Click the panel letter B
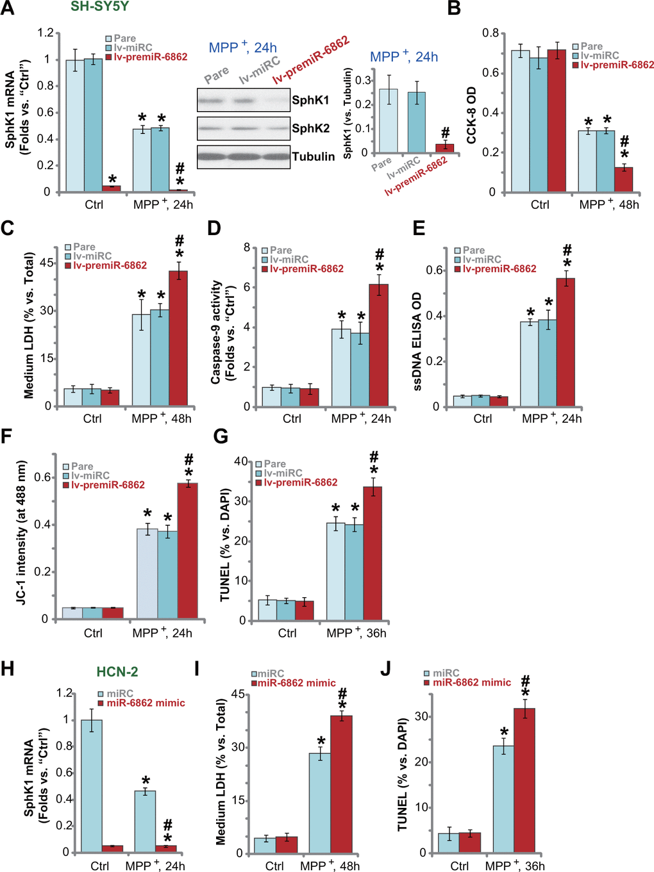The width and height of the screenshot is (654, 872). click(x=454, y=8)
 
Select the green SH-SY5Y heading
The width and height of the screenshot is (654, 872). click(x=99, y=7)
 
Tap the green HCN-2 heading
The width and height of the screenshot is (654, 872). click(x=117, y=671)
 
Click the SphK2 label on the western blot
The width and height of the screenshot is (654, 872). click(x=310, y=128)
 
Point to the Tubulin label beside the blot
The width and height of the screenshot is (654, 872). click(x=313, y=156)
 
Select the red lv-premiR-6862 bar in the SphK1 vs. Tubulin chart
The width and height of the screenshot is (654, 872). click(x=444, y=148)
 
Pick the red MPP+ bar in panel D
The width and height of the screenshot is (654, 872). click(x=379, y=345)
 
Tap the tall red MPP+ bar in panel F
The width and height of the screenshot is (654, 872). click(x=187, y=550)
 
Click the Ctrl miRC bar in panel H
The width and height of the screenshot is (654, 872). click(x=92, y=786)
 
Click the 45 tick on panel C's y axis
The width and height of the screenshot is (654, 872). click(x=47, y=263)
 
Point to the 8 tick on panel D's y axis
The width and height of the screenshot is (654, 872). click(x=246, y=247)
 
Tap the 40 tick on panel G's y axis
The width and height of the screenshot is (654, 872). click(x=241, y=461)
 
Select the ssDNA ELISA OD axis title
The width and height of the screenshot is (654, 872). click(x=417, y=341)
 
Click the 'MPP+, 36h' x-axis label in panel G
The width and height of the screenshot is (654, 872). click(x=356, y=633)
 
